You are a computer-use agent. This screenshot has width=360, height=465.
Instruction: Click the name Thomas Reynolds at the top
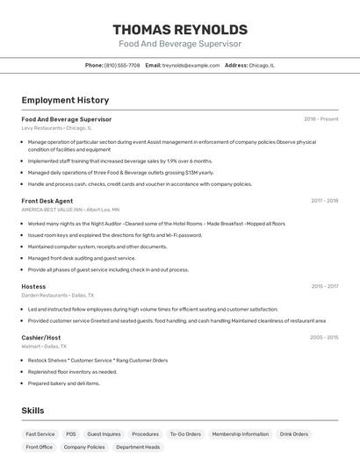coord(180,29)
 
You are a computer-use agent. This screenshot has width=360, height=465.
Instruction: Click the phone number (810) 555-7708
coord(122,65)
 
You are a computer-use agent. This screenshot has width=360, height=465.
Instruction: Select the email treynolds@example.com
coord(191,65)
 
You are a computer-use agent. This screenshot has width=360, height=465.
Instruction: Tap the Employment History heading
coord(65,100)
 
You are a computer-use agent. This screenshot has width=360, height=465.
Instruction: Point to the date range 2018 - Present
coord(320,119)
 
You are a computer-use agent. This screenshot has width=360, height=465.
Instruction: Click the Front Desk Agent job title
coord(47,201)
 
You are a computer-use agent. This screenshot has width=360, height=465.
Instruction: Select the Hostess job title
coord(33,286)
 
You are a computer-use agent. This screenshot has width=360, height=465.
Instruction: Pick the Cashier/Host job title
coord(41,337)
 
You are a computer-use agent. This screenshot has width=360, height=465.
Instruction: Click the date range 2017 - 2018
coord(324,201)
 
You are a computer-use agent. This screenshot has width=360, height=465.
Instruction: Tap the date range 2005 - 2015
coord(324,337)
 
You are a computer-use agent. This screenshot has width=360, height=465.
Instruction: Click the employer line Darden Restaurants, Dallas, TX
coord(57,295)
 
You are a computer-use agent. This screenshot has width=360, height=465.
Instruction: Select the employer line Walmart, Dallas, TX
coord(44,346)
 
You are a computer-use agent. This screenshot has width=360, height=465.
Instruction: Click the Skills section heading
coord(32,411)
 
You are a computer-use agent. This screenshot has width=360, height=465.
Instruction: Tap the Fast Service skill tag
coord(40,433)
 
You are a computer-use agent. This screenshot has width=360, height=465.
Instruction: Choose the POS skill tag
coord(71,433)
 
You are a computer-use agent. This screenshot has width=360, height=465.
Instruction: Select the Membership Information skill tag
coord(241,433)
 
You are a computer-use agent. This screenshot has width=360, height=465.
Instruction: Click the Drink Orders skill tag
coord(294,433)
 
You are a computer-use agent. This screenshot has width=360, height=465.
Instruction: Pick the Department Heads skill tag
coord(138,447)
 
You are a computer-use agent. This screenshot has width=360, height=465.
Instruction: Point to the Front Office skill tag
coord(40,447)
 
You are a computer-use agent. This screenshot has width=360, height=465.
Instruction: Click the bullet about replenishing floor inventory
coord(72,371)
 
